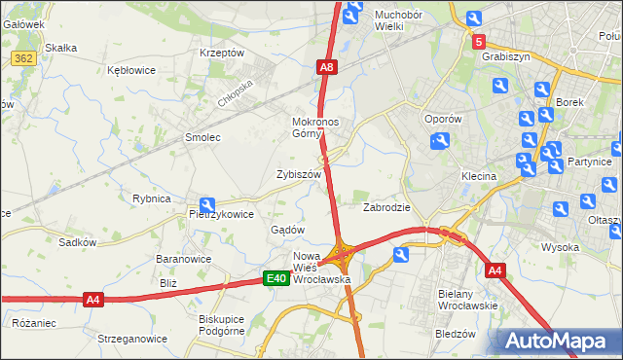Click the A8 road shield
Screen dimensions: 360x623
pos(327,67)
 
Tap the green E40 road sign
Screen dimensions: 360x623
pos(276,279)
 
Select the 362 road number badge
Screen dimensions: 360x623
pos(24,59)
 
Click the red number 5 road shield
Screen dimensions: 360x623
pos(479,42)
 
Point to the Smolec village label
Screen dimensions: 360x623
pos(203,137)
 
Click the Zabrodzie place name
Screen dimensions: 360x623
pos(386,207)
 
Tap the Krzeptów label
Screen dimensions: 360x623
pos(221,53)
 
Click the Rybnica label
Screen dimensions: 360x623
pos(152,198)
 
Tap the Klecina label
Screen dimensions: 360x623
pos(479,177)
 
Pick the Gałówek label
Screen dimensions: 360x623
pos(24,23)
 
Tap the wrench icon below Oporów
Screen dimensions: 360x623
pos(439,142)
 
